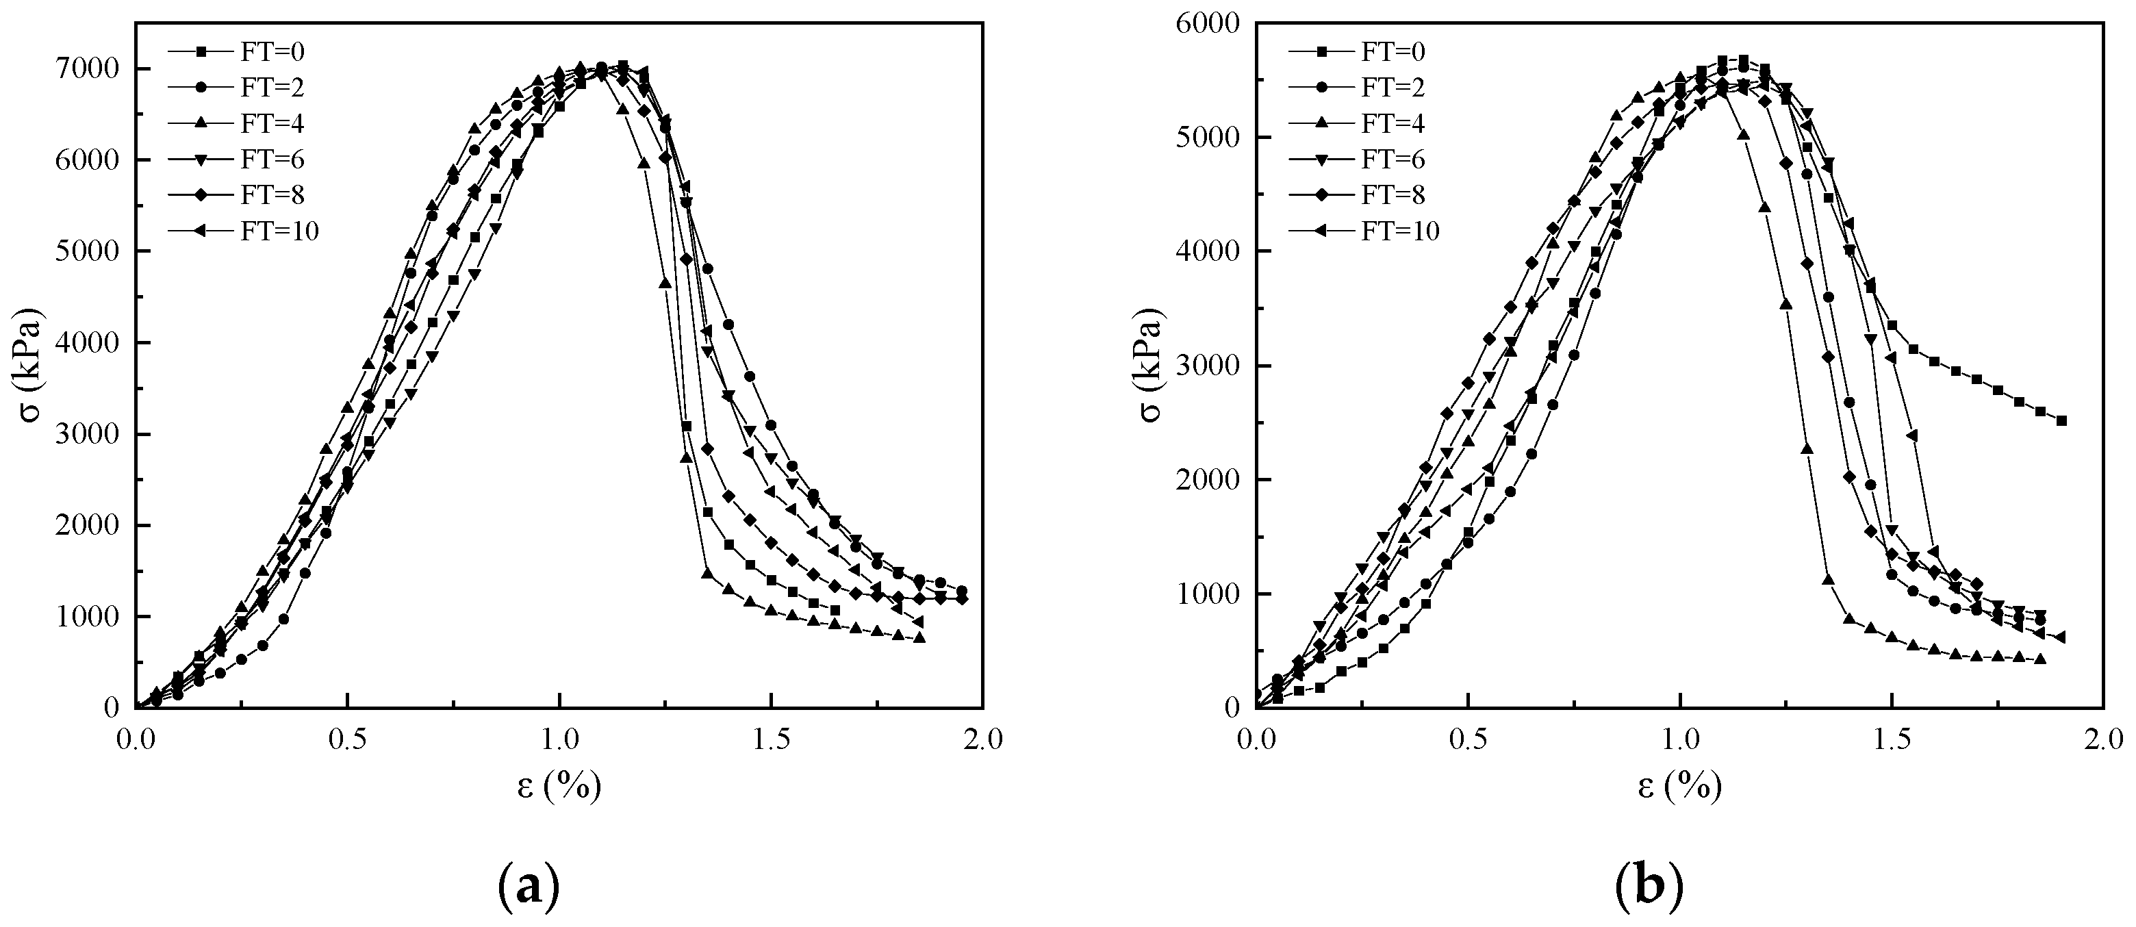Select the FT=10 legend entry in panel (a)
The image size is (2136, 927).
tap(244, 231)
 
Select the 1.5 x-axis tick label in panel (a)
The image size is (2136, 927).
tap(771, 739)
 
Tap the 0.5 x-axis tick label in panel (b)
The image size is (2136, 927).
tap(1468, 739)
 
